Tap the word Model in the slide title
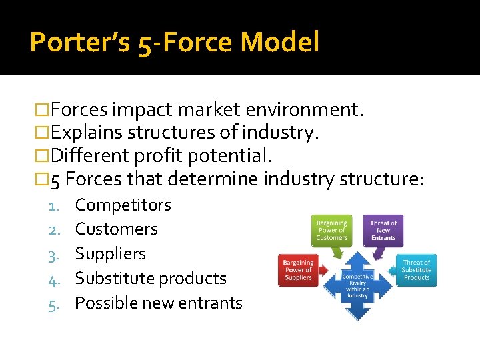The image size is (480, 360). click(279, 43)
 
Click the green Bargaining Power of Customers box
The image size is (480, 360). click(331, 230)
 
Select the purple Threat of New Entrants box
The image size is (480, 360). click(383, 230)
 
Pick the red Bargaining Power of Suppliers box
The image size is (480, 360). click(298, 269)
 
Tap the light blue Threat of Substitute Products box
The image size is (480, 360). click(417, 269)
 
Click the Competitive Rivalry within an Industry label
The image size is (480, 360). click(357, 285)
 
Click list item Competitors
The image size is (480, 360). click(123, 205)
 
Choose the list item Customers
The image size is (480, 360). click(116, 229)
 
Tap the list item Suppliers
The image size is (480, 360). click(110, 254)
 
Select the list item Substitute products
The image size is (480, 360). click(151, 279)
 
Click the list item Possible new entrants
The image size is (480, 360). click(159, 303)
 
